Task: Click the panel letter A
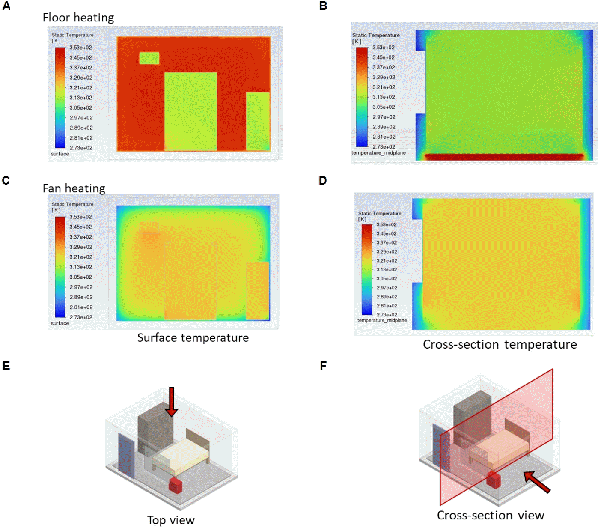click(x=6, y=6)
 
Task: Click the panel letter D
click(x=323, y=180)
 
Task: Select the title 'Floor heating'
click(x=78, y=18)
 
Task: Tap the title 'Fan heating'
click(x=74, y=188)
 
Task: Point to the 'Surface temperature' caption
click(x=193, y=338)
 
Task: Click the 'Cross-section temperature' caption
click(x=500, y=345)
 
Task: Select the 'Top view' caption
click(x=171, y=520)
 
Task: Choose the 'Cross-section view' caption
click(x=490, y=515)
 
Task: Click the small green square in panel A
click(x=149, y=58)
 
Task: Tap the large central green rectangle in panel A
click(x=190, y=111)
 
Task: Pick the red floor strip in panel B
click(x=504, y=157)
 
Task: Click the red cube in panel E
click(x=176, y=486)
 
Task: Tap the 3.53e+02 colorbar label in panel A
click(x=81, y=48)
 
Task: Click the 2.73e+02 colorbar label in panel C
click(x=81, y=317)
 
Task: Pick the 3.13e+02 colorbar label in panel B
click(x=384, y=97)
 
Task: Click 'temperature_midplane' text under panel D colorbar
click(x=382, y=320)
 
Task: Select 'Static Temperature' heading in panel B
click(x=376, y=35)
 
